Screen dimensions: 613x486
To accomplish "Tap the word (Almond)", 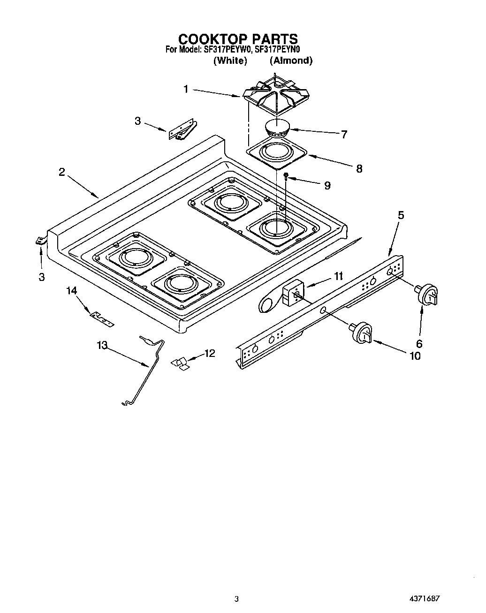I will click(291, 61).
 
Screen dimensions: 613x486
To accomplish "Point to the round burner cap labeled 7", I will click(278, 129).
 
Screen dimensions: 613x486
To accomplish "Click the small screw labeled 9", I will click(286, 176).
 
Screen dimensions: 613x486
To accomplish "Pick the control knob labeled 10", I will click(362, 333).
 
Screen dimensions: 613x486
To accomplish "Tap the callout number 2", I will click(62, 172).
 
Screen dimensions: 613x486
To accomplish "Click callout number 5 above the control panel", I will click(401, 215).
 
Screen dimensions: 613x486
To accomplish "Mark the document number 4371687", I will click(425, 598).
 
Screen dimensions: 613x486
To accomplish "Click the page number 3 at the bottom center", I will click(237, 598).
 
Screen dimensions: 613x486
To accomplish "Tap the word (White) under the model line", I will click(230, 61).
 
